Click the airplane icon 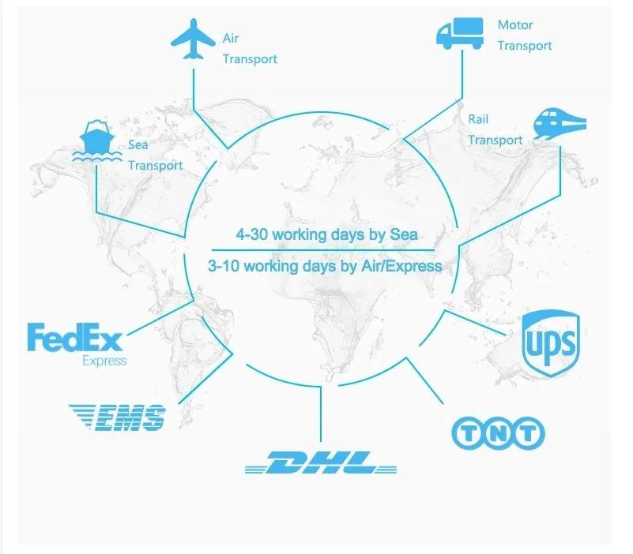(x=192, y=39)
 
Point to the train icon (x=560, y=122)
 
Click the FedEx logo (x=75, y=338)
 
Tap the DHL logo (x=321, y=463)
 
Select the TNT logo (x=498, y=432)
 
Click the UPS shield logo (x=552, y=341)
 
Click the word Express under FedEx (x=104, y=361)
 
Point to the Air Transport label (x=249, y=48)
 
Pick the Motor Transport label (x=524, y=36)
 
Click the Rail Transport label (x=495, y=129)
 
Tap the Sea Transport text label (x=155, y=155)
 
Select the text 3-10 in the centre (x=224, y=266)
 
